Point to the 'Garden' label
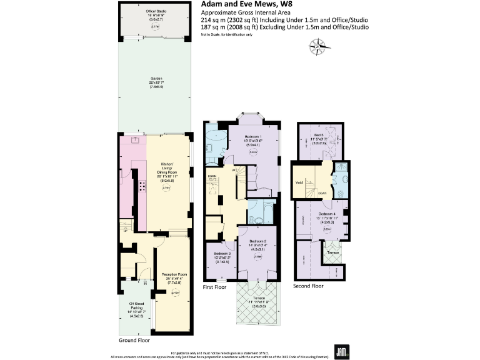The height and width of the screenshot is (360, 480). coord(156,78)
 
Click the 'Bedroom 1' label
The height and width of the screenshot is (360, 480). coord(253,137)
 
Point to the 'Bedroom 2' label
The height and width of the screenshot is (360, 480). coord(258,241)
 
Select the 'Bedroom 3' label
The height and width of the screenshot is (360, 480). coord(220,253)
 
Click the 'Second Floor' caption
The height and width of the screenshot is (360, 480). coord(308,285)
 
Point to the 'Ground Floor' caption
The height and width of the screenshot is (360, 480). coord(133,341)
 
